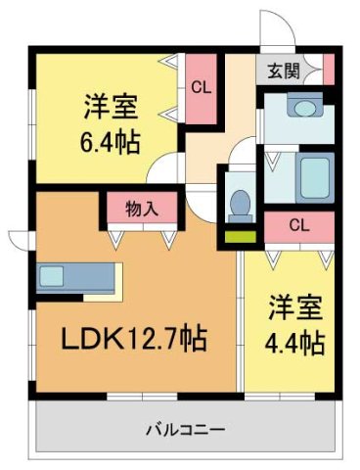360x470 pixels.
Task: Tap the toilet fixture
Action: point(238,201)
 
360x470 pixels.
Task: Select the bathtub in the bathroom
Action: point(314,176)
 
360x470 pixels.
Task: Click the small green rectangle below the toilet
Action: point(238,234)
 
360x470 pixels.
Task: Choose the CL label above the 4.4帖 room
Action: point(299,225)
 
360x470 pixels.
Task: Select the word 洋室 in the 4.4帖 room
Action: point(297,309)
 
